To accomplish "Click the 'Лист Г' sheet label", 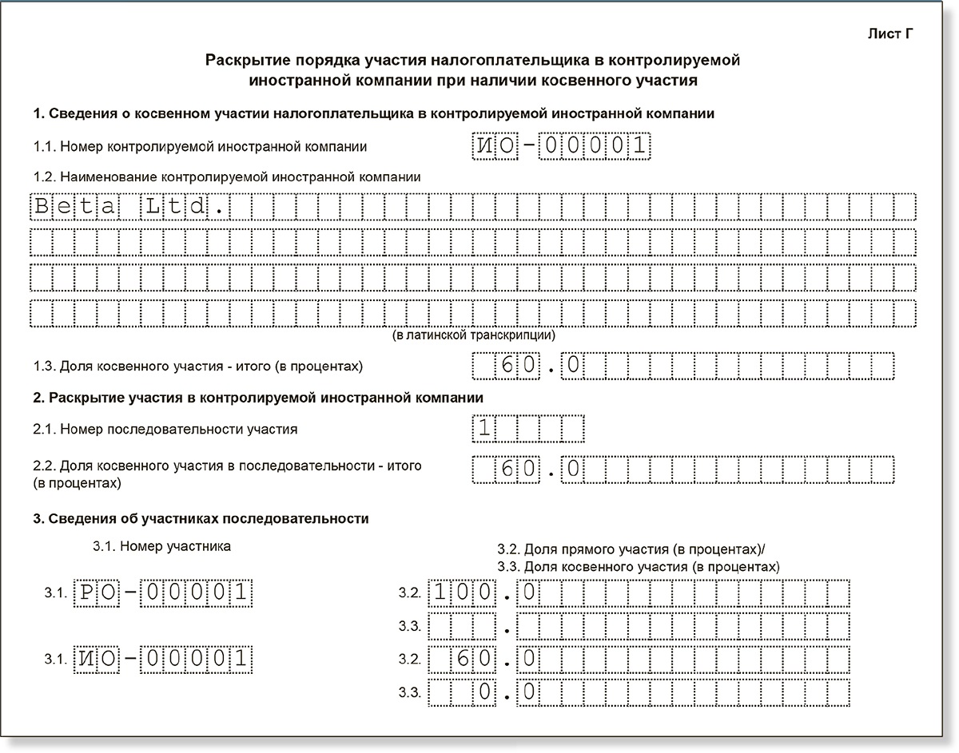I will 889,34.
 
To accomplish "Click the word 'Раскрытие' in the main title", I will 242,60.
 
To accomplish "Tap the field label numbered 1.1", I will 200,147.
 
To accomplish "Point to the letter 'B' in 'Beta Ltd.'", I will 42,207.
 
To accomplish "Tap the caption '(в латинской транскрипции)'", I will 473,335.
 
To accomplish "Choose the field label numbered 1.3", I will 197,367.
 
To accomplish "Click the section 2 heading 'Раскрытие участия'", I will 257,398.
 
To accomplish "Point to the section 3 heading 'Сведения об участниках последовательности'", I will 201,519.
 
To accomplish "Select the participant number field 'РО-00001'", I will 163,592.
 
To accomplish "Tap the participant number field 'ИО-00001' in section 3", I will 163,659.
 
